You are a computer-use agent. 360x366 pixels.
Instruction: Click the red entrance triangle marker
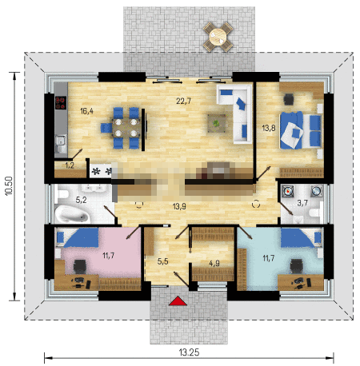coord(178,301)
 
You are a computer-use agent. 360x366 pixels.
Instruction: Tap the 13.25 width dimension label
coord(189,352)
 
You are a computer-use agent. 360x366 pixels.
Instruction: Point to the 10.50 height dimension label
coord(9,186)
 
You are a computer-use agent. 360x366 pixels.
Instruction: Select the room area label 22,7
coord(184,101)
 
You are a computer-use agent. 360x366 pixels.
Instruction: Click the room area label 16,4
coord(87,111)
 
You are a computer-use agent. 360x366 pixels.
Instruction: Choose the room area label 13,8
coord(269,128)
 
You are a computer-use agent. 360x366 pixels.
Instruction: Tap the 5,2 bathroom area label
coord(81,200)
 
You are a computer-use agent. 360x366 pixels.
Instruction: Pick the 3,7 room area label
coord(302,203)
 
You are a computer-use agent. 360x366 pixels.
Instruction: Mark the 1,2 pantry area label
coord(70,165)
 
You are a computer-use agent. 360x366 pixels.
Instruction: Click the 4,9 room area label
coord(214,264)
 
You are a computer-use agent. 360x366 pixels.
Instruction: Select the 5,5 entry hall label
coord(162,261)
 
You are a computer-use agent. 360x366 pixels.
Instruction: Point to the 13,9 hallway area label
coord(179,206)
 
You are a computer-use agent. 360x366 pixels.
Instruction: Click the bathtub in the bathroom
coord(72,214)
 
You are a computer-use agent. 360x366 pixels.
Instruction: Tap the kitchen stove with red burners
coord(61,103)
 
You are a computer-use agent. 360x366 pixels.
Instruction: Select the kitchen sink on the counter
coord(61,144)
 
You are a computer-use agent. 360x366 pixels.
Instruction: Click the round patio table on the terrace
coord(218,37)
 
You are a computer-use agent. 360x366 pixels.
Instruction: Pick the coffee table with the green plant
coord(217,123)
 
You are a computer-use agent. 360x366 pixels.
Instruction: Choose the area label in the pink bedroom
coord(108,256)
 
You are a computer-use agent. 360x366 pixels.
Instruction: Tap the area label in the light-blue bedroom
coord(269,258)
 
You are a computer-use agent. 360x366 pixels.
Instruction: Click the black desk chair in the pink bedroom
coord(79,266)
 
